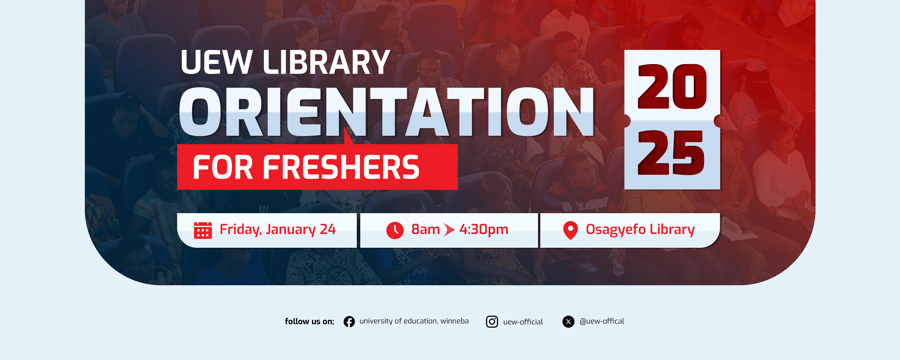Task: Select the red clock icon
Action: click(395, 230)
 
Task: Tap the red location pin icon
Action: click(570, 230)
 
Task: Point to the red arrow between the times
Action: click(449, 230)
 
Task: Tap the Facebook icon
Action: click(349, 322)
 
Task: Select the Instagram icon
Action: click(492, 322)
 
